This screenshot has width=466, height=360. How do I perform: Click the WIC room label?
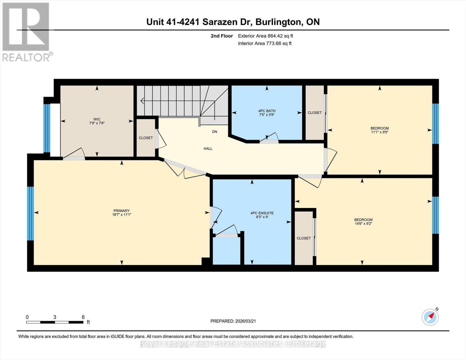tap(97, 119)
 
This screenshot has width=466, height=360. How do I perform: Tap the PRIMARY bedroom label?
tap(122, 211)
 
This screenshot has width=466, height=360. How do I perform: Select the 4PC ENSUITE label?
tap(262, 213)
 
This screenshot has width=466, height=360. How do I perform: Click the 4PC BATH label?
tap(267, 111)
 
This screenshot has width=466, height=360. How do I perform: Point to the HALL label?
tap(208, 148)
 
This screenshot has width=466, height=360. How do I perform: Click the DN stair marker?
tap(215, 132)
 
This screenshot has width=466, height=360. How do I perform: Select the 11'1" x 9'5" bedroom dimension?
tap(380, 132)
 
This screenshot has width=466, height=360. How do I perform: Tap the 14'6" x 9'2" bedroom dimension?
tap(363, 223)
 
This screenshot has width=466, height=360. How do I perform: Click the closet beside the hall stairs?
tap(146, 138)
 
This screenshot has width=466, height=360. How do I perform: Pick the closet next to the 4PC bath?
tap(314, 113)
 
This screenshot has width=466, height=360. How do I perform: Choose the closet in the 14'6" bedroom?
tap(304, 238)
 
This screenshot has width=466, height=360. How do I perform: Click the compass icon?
tap(430, 317)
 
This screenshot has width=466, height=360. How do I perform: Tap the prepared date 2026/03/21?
tap(233, 321)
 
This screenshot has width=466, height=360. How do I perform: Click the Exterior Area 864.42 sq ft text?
tap(265, 36)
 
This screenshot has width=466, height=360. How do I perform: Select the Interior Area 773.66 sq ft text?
tap(265, 43)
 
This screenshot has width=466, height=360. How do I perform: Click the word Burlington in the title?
tap(279, 22)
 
